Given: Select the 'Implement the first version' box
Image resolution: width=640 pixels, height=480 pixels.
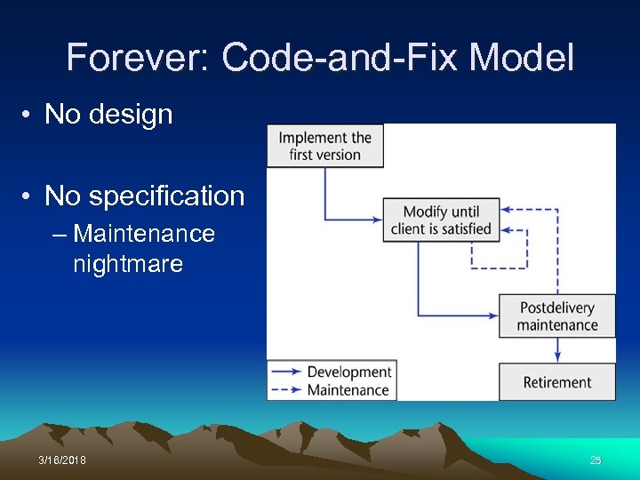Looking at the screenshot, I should pyautogui.click(x=324, y=146).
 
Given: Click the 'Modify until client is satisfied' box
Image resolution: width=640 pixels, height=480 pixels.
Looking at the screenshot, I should pyautogui.click(x=441, y=220).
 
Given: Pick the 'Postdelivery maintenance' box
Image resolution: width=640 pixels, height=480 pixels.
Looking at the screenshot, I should pyautogui.click(x=557, y=316).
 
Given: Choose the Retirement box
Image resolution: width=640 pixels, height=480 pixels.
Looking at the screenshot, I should pyautogui.click(x=557, y=383).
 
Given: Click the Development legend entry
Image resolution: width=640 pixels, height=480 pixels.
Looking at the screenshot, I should pyautogui.click(x=348, y=372).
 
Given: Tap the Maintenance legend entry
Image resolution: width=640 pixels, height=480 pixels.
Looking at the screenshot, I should pyautogui.click(x=348, y=389).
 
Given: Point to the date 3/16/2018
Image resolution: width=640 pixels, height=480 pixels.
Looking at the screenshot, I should pyautogui.click(x=62, y=460).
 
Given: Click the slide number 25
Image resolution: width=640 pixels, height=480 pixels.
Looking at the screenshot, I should pyautogui.click(x=596, y=460).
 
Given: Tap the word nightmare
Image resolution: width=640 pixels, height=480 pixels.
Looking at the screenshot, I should pyautogui.click(x=128, y=264).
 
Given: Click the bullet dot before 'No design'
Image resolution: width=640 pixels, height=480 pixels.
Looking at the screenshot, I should pyautogui.click(x=29, y=115).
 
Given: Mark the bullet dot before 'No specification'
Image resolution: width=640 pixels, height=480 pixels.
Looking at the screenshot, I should pyautogui.click(x=29, y=196).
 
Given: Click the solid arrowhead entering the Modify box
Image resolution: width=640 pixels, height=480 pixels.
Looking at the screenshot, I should pyautogui.click(x=376, y=219).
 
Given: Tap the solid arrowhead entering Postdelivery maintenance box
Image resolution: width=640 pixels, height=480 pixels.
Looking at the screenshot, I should pyautogui.click(x=492, y=315).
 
